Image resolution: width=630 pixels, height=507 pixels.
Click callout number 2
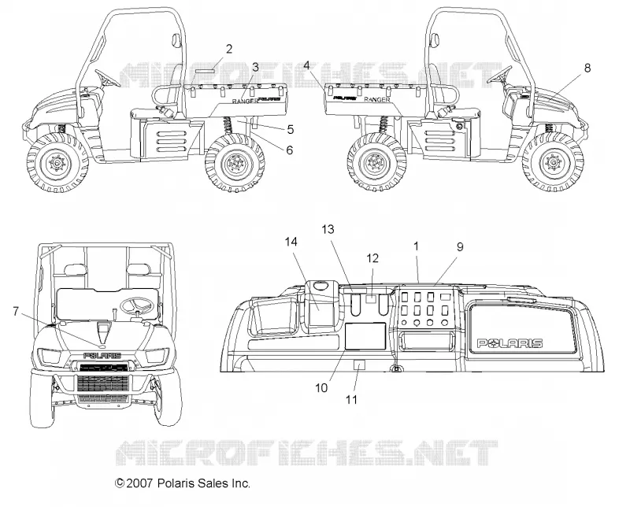[229, 49]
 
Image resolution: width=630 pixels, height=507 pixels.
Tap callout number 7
[16, 311]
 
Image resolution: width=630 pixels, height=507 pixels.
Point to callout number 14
[291, 242]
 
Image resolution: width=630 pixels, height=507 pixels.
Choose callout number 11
[351, 399]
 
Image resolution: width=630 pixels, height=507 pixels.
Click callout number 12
[372, 258]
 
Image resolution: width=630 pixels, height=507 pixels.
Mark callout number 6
[289, 150]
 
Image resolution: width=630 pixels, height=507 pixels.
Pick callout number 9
[460, 246]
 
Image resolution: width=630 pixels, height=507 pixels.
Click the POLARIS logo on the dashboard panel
[510, 343]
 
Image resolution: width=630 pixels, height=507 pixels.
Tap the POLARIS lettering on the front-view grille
[102, 356]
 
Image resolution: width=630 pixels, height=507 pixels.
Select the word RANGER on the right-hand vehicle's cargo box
[377, 99]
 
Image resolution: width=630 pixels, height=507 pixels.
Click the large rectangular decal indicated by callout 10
[365, 335]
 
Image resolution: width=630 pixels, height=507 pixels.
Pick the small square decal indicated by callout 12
[372, 298]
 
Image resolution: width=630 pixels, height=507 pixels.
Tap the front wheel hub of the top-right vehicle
[552, 163]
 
